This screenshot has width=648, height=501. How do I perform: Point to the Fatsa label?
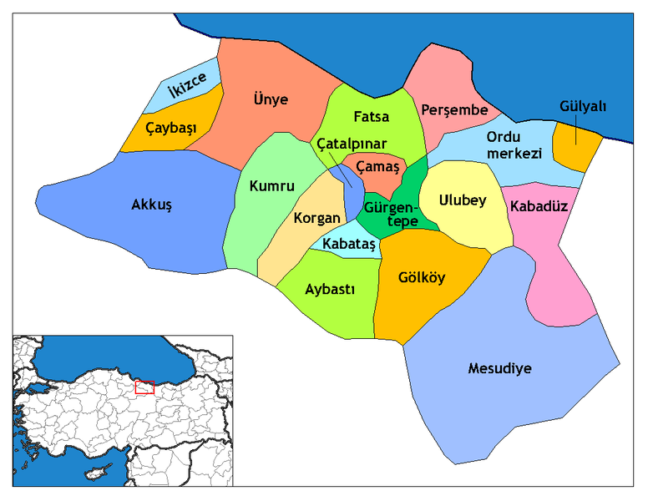click(x=371, y=116)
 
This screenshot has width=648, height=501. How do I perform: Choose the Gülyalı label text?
click(x=582, y=106)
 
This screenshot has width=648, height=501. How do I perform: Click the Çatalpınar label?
click(x=352, y=144)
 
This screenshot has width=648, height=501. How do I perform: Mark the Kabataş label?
click(x=348, y=245)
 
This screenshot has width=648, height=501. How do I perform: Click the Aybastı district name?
click(x=327, y=289)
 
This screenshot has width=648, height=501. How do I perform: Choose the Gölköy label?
click(x=422, y=278)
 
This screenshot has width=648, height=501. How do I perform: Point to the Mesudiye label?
click(x=499, y=368)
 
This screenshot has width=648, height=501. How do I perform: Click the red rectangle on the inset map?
click(x=144, y=387)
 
